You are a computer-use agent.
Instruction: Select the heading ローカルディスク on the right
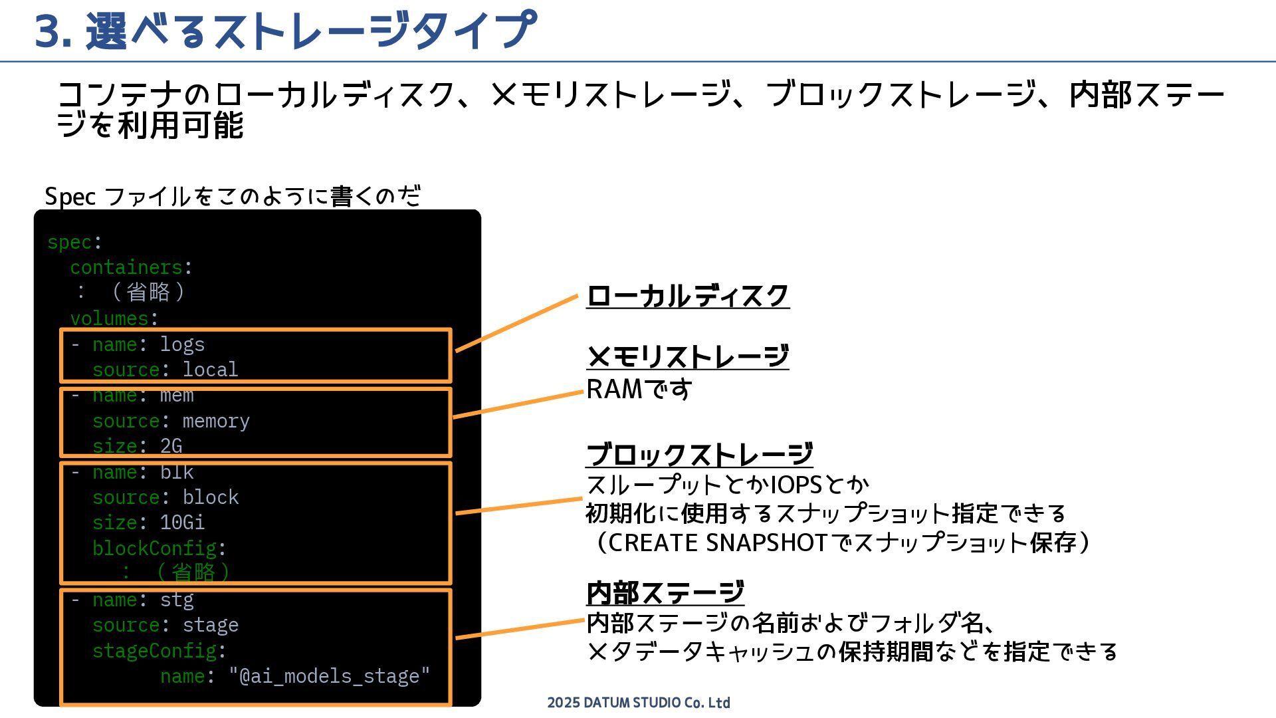coord(687,296)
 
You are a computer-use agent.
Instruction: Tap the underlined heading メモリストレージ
coord(687,357)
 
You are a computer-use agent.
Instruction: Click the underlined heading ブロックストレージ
coord(699,455)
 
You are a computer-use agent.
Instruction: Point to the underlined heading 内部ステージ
coord(665,592)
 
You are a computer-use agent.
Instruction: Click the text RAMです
coord(639,390)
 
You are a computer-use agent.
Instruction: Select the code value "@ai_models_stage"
coord(330,676)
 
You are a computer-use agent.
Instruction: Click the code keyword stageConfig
coord(154,650)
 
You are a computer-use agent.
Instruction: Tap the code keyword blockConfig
coord(154,548)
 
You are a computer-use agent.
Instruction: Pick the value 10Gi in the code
coord(182,523)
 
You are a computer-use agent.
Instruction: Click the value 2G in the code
coord(171,446)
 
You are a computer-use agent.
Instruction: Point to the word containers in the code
coord(126,267)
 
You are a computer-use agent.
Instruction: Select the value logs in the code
coord(182,344)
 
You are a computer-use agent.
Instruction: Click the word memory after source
coord(216,421)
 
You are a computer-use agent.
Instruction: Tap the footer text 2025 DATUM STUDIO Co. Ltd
coord(638,703)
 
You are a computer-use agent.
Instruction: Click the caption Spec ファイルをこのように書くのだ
coord(233,196)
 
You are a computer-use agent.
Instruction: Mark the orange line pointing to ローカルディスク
coord(516,323)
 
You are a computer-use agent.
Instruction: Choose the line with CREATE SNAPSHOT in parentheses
coord(837,542)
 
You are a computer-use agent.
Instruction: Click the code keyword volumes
coord(110,318)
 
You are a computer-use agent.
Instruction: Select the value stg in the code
coord(177,600)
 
